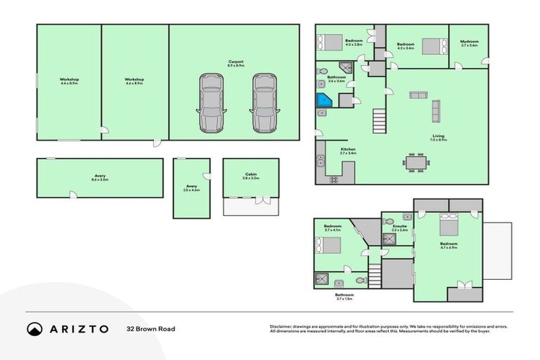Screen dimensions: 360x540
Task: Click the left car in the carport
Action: click(212, 103)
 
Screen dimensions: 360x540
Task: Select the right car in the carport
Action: click(264, 103)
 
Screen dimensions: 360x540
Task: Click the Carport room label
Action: click(236, 63)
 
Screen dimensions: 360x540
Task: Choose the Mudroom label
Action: click(469, 43)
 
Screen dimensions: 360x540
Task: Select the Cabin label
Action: click(250, 176)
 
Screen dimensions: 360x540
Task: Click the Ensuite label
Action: click(399, 228)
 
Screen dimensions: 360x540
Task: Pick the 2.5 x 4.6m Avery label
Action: click(191, 188)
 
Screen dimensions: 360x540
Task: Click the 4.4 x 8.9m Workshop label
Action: click(69, 82)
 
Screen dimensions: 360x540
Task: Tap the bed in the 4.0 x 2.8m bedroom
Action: click(330, 42)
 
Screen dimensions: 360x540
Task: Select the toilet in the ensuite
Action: click(389, 222)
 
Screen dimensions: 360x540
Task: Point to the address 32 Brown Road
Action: click(150, 328)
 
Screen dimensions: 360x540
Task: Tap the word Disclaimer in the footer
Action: click(283, 326)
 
